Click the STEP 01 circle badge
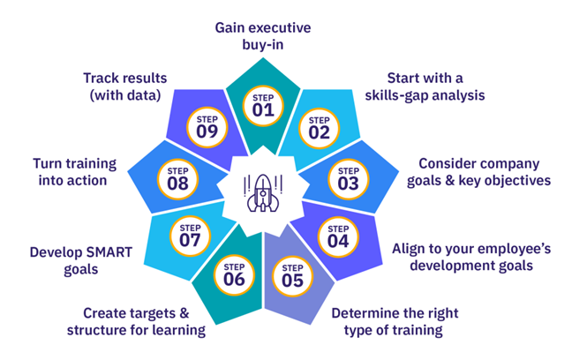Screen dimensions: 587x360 pos(263,106)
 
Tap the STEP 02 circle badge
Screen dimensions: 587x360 pos(319,129)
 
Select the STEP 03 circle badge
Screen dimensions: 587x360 pos(349,180)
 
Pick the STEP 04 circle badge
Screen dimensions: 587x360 pos(338,237)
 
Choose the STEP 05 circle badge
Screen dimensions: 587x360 pos(292,276)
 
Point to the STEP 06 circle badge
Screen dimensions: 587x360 pos(234,275)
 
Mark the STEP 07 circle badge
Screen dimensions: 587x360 pos(190,236)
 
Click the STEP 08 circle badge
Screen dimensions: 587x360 pos(177,180)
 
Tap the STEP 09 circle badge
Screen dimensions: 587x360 pos(207,128)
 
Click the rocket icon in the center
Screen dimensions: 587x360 pos(263,192)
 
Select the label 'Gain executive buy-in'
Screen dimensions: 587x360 pos(263,36)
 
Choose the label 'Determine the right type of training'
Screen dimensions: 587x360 pos(395,322)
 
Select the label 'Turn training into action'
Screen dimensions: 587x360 pos(74,172)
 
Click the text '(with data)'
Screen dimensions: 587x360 pos(125,95)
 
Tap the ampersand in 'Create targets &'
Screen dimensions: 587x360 pos(184,313)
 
